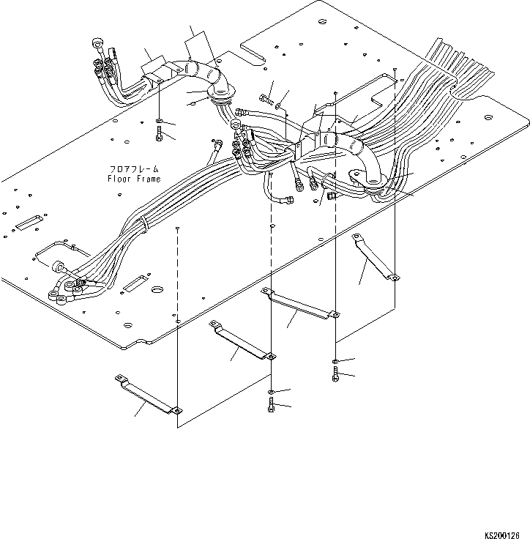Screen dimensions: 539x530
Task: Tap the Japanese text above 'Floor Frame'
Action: click(132, 170)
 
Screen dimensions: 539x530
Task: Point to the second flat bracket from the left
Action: click(242, 340)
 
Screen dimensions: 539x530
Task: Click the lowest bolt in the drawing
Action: click(271, 406)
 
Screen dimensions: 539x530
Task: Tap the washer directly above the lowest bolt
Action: click(271, 393)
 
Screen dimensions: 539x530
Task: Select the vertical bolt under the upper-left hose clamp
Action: click(159, 133)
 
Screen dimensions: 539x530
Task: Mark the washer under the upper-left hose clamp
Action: click(159, 120)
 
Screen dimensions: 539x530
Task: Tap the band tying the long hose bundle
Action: click(144, 224)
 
